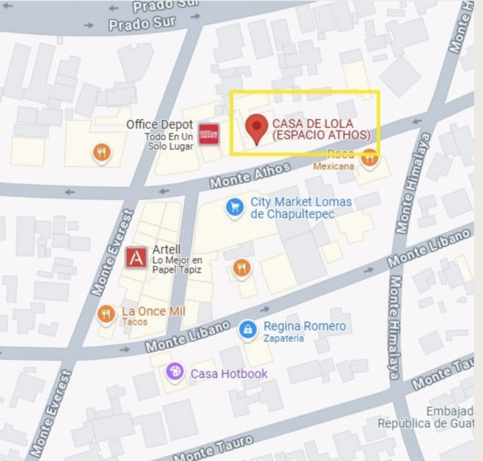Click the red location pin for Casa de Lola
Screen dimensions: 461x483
258,127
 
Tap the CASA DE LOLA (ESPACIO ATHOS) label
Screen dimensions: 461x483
321,129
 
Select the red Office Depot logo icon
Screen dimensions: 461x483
209,133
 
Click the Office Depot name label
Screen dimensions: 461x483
159,124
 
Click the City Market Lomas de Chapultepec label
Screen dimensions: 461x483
300,208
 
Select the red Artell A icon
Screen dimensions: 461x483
136,258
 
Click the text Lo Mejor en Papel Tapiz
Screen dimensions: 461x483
177,265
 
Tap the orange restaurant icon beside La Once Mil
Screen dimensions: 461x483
106,314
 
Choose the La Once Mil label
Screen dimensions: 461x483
153,311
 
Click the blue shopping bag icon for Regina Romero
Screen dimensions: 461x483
248,329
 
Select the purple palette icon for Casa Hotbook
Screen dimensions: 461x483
175,372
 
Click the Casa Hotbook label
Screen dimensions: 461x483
229,374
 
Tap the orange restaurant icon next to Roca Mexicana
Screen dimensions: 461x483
369,158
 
